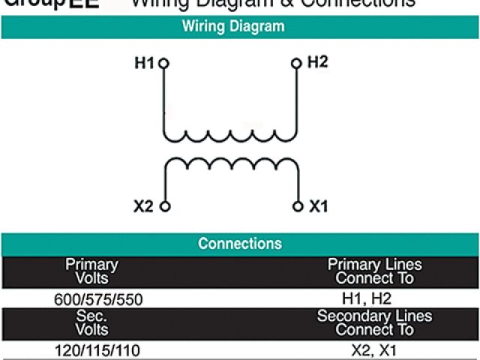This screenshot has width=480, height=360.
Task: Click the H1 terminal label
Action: click(144, 64)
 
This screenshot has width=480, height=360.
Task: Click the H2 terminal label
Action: click(318, 62)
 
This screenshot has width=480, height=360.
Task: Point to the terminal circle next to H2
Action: click(297, 64)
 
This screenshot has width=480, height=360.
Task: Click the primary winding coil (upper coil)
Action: click(231, 135)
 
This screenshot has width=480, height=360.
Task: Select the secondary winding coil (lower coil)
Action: click(231, 163)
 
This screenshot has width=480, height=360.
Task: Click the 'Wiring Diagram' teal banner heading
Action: click(233, 26)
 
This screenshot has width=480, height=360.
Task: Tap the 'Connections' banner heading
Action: click(239, 244)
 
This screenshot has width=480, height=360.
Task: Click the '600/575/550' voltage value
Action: click(98, 299)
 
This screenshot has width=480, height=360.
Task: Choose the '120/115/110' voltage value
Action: click(97, 350)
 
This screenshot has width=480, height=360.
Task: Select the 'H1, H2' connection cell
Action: click(367, 298)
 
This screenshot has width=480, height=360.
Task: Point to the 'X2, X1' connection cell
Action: click(373, 350)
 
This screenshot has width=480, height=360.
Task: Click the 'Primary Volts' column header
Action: click(91, 271)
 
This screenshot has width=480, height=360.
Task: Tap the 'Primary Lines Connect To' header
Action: click(374, 271)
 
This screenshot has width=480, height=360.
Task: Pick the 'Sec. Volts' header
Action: click(91, 322)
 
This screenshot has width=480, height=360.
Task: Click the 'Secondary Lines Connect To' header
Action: click(374, 322)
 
